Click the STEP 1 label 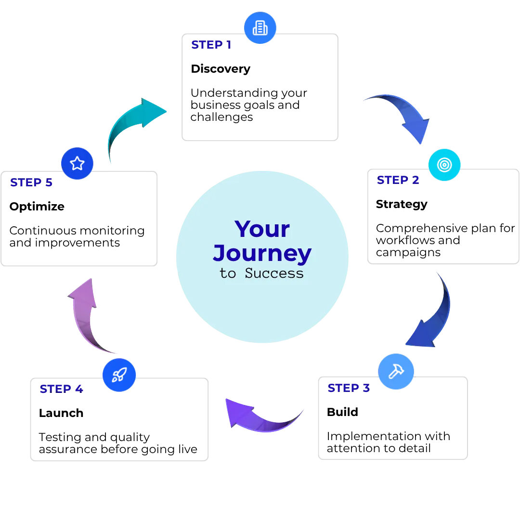(x=211, y=45)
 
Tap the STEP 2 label (x=398, y=180)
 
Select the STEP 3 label (x=349, y=388)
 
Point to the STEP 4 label (x=62, y=389)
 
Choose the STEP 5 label (x=31, y=183)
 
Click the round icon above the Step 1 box (x=260, y=28)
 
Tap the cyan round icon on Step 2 (x=444, y=165)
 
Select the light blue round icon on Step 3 (x=396, y=370)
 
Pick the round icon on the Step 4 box (x=119, y=374)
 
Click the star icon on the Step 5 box (x=76, y=163)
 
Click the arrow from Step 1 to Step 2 (x=403, y=116)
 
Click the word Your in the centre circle (x=262, y=229)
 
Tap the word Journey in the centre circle (x=262, y=253)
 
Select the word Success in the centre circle (x=274, y=273)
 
